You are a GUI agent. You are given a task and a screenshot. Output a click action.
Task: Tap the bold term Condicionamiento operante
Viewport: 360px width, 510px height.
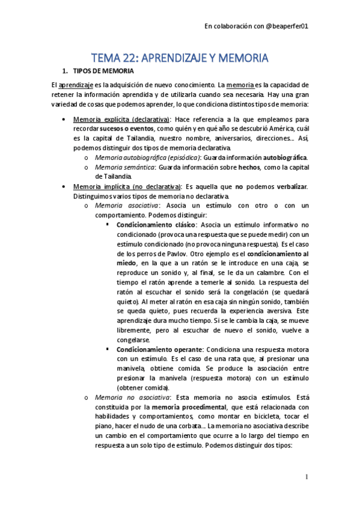(159, 349)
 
